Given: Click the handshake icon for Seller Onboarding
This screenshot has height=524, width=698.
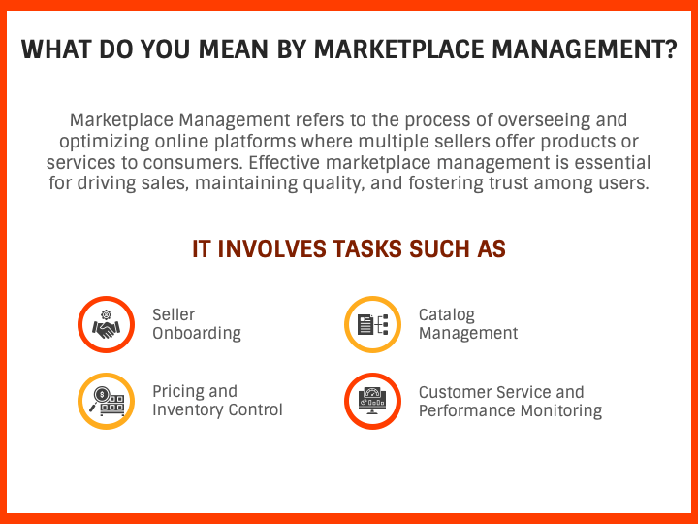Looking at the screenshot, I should (x=106, y=324).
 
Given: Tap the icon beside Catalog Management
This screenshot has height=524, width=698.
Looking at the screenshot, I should (x=372, y=324).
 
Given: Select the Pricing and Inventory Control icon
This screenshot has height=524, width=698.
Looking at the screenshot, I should (x=106, y=401).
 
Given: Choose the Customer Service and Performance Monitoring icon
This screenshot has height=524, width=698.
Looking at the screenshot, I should (x=372, y=401).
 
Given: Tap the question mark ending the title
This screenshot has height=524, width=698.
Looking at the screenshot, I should (x=670, y=50).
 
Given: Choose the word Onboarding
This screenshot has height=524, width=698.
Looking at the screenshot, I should (x=197, y=333).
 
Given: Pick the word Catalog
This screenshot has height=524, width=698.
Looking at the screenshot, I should (x=447, y=315).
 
